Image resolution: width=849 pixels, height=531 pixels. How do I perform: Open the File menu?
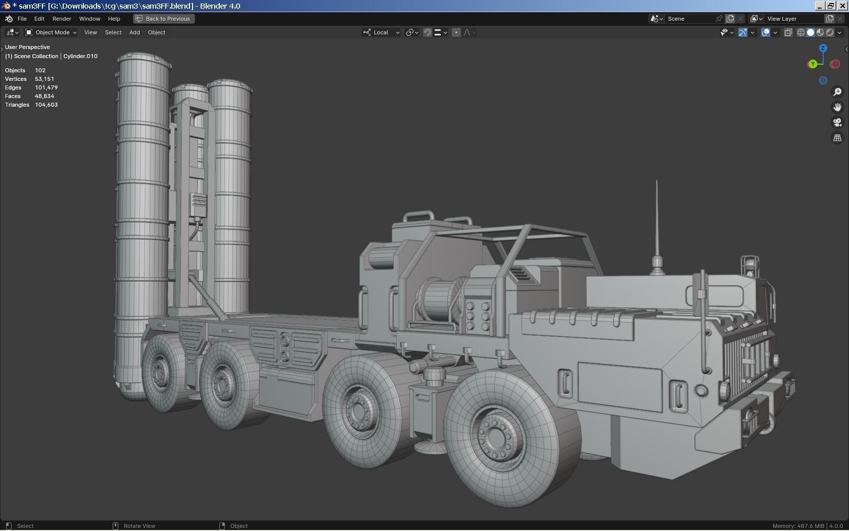click(x=22, y=19)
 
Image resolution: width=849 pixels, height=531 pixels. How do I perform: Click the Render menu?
click(x=62, y=19)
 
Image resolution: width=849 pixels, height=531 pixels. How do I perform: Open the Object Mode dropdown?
click(x=51, y=32)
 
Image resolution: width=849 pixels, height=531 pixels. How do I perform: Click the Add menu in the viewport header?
click(x=134, y=32)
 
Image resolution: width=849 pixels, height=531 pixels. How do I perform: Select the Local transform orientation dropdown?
click(x=382, y=32)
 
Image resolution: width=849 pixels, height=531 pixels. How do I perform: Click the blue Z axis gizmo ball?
click(x=823, y=48)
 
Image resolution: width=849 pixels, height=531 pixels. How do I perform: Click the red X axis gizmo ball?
click(x=835, y=64)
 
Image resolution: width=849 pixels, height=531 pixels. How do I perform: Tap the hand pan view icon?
click(x=837, y=107)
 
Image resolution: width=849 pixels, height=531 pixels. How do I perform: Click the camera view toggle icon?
click(x=837, y=122)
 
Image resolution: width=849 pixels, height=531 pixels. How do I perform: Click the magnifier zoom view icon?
click(x=837, y=92)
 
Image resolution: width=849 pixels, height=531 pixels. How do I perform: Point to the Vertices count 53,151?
click(x=44, y=79)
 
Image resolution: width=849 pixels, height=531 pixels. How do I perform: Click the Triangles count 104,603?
click(x=46, y=105)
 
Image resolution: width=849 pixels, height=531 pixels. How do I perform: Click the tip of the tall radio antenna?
click(x=656, y=182)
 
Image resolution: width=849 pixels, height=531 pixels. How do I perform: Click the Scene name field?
click(x=689, y=19)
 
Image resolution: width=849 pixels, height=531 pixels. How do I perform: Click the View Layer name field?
click(x=793, y=19)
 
